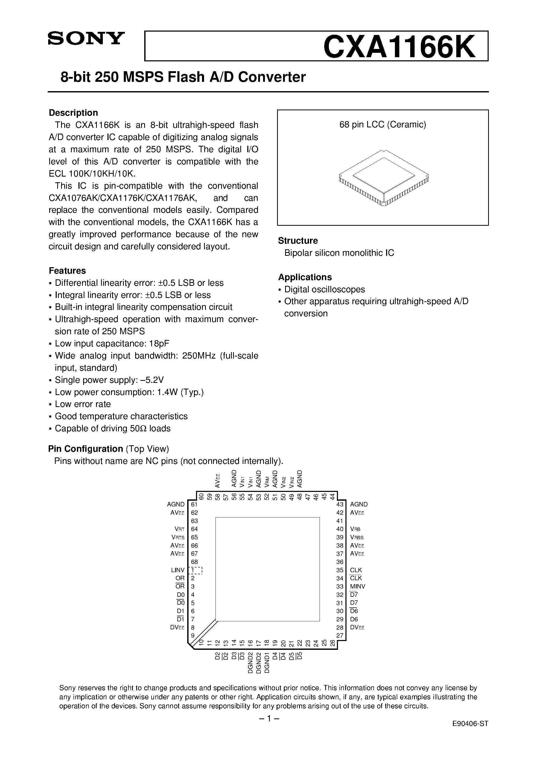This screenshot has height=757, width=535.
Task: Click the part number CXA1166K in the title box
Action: (399, 47)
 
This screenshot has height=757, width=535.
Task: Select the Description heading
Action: (73, 113)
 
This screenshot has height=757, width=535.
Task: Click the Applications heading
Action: (305, 277)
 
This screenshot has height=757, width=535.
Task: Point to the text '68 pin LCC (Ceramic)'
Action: (383, 125)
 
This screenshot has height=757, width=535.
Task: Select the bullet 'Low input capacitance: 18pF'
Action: (112, 344)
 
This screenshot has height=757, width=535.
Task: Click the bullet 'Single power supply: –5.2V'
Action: (109, 380)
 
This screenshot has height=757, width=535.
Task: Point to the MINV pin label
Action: (358, 586)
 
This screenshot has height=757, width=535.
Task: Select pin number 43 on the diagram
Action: (340, 504)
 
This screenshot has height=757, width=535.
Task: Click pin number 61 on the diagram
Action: (194, 504)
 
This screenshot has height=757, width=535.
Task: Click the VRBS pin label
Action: (357, 537)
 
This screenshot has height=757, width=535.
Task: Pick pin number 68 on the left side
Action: (194, 562)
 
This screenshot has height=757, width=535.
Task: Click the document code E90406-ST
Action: (470, 740)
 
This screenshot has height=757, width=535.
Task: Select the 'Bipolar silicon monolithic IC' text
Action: (339, 253)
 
